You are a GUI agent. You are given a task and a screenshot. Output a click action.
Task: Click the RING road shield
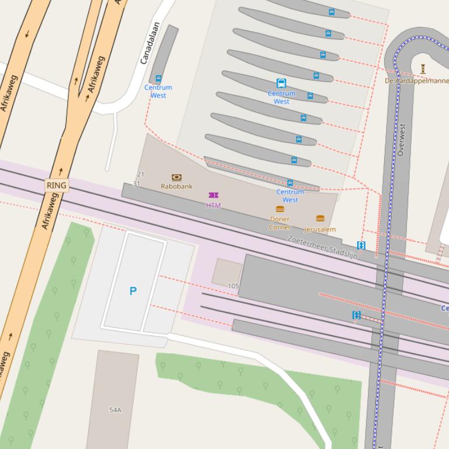(57, 185)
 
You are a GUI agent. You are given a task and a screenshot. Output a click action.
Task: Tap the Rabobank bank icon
(176, 177)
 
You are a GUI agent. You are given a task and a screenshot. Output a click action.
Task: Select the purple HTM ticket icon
(213, 195)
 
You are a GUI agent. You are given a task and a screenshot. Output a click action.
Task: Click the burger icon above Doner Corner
(280, 209)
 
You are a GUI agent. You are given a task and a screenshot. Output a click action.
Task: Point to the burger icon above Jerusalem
(320, 219)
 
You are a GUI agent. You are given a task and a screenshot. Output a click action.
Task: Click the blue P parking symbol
(133, 291)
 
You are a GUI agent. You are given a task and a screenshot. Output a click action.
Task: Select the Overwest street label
(401, 139)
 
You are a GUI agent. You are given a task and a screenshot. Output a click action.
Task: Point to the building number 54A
(115, 410)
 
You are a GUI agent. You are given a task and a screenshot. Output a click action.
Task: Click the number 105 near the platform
(234, 286)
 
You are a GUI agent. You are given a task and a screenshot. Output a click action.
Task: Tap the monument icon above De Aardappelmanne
(422, 69)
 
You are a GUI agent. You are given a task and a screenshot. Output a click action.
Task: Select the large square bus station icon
(281, 83)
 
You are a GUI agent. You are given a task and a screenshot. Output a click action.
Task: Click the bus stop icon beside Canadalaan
(158, 79)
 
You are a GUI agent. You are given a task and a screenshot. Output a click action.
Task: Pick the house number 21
(140, 174)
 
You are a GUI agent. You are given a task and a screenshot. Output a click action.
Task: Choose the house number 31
(137, 184)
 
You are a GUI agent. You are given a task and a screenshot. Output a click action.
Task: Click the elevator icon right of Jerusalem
(361, 245)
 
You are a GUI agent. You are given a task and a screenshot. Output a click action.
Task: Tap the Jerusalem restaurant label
(320, 230)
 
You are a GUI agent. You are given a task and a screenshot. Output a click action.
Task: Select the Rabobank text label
(176, 187)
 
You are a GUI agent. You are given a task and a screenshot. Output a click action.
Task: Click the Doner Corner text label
(280, 223)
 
